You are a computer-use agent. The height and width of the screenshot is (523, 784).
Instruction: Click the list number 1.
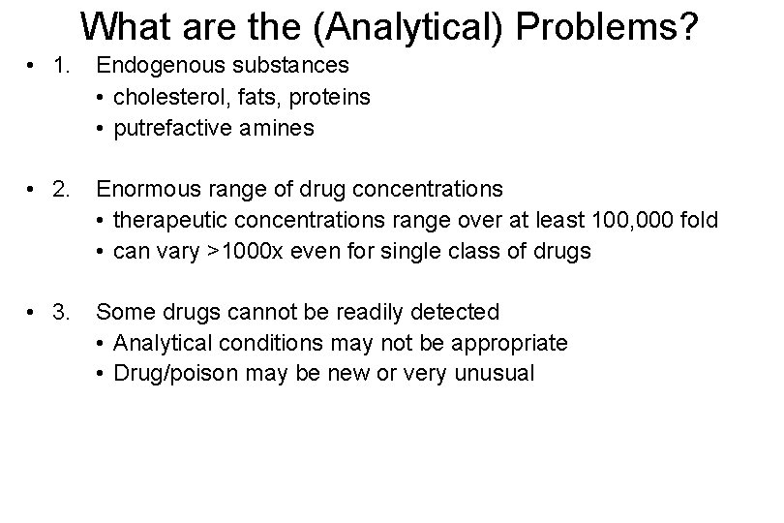[64, 67]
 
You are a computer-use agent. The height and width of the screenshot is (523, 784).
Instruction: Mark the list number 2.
[64, 189]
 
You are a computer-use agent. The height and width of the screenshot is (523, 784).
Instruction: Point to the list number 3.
[64, 312]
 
